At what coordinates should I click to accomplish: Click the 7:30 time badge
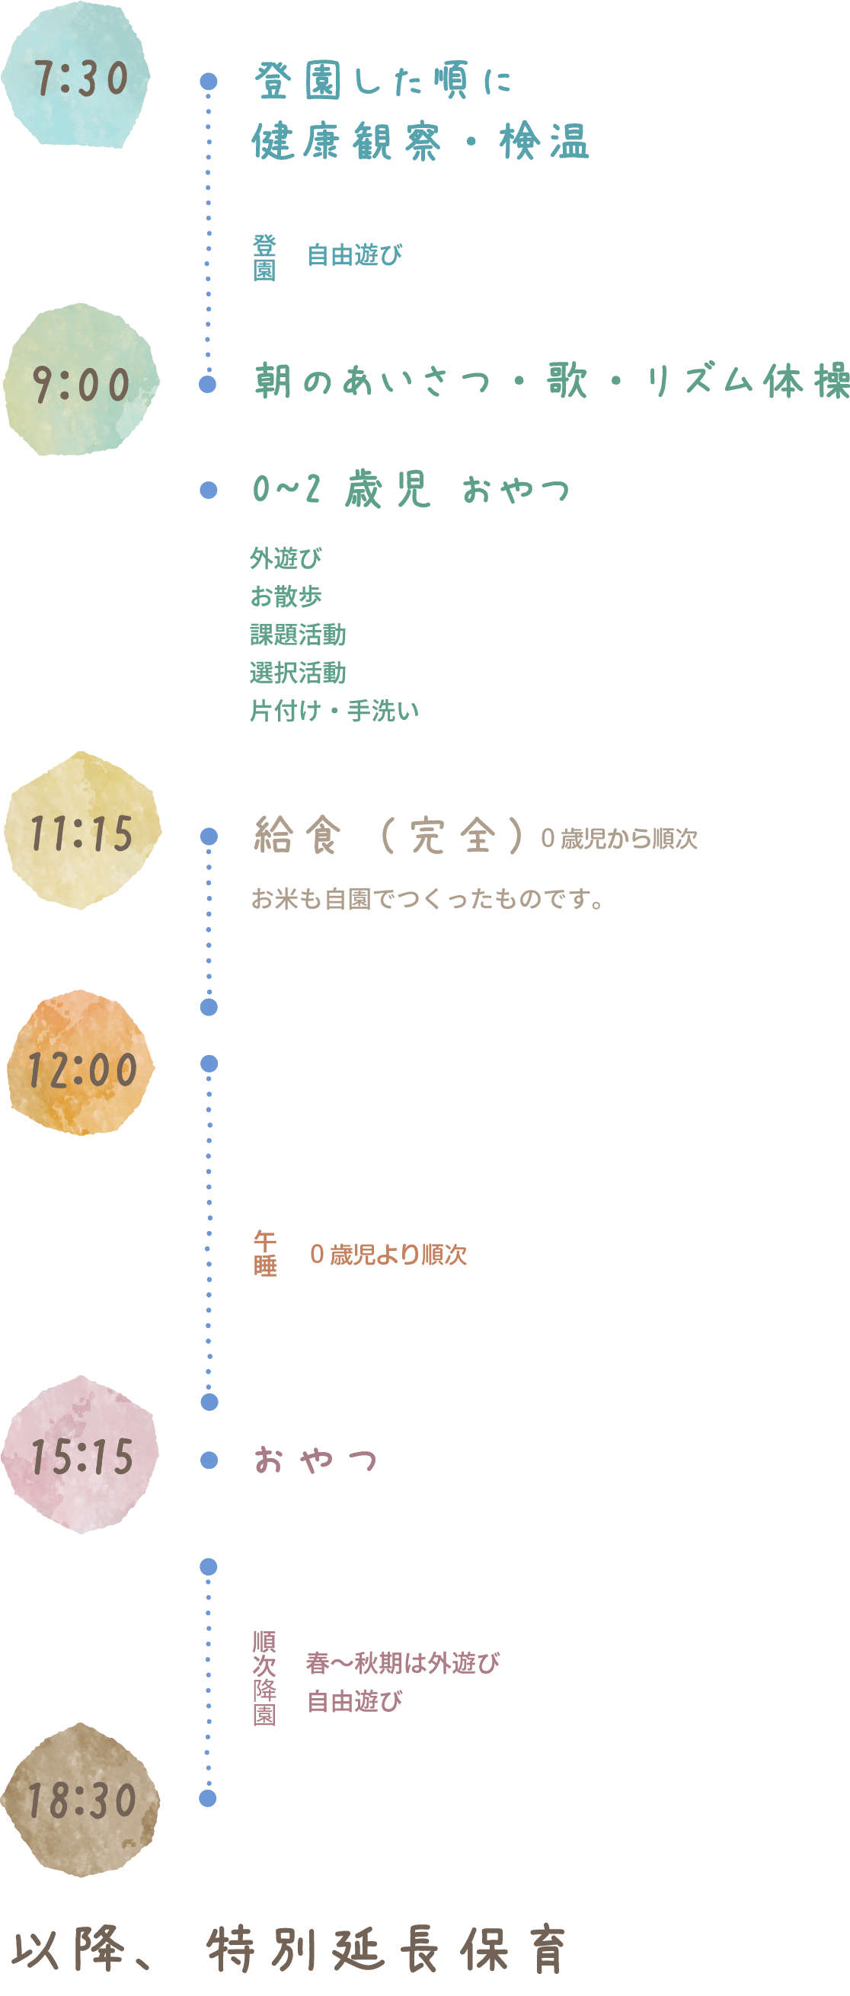point(78,78)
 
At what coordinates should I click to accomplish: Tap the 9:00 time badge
point(81,382)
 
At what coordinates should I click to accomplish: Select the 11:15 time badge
point(82,832)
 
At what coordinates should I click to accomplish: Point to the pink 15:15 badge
point(81,1456)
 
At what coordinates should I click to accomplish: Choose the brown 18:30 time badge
point(81,1800)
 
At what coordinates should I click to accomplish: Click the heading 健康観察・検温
point(420,142)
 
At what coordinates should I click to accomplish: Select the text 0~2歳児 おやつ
point(411,490)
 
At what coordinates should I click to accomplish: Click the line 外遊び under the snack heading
point(285,558)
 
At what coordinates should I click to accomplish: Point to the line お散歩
point(285,596)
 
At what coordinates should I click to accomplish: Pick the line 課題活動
point(298,635)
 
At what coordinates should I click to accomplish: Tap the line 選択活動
point(298,673)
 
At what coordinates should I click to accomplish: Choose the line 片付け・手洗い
point(334,711)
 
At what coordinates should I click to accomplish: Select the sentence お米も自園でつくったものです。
point(428,899)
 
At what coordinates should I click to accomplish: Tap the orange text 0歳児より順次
point(388,1255)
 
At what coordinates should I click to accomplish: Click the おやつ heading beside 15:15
point(315,1460)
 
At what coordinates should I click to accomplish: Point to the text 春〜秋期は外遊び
point(403,1663)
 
